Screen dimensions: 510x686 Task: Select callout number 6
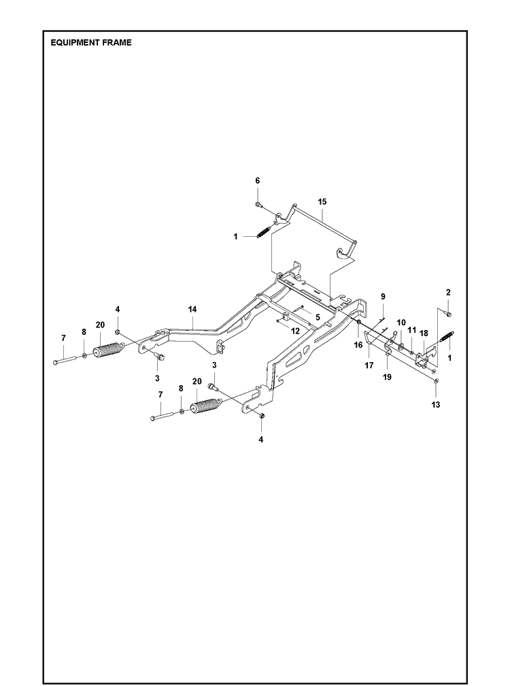(x=258, y=181)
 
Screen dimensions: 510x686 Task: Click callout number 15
(x=322, y=201)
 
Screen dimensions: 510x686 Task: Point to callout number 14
(x=192, y=309)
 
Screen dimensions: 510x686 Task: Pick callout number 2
(x=448, y=292)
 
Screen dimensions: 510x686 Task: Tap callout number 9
(x=383, y=297)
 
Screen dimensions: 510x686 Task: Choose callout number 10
(x=401, y=323)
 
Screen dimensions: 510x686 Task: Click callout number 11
(x=411, y=330)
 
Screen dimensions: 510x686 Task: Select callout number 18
(x=424, y=333)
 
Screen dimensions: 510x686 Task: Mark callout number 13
(x=436, y=405)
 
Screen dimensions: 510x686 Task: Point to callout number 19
(x=387, y=377)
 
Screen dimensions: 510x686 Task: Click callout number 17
(x=369, y=365)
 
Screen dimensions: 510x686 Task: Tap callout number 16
(x=358, y=345)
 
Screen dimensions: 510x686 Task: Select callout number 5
(x=318, y=317)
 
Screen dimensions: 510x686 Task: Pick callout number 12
(x=295, y=331)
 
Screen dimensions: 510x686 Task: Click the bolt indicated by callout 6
(x=258, y=204)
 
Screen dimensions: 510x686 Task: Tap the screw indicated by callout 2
(x=448, y=314)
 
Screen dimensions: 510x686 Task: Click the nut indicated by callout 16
(x=358, y=323)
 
